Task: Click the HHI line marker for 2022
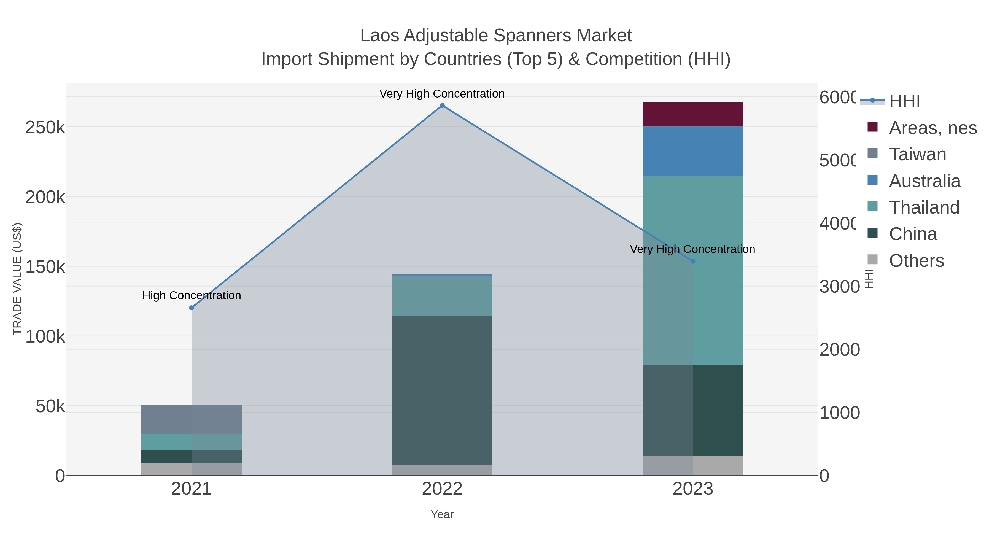[442, 106]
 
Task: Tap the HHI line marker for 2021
[192, 308]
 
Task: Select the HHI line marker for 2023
[693, 261]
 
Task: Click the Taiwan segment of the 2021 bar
[192, 419]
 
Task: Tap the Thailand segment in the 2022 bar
[442, 296]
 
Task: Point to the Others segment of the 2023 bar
[693, 466]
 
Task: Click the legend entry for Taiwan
[917, 154]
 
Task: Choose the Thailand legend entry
[924, 207]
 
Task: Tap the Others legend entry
[916, 260]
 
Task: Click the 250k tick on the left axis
[45, 128]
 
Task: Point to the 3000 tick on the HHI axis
[839, 287]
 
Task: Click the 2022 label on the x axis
[442, 489]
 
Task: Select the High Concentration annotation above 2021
[192, 295]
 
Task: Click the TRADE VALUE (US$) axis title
[17, 279]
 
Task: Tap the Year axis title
[442, 514]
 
